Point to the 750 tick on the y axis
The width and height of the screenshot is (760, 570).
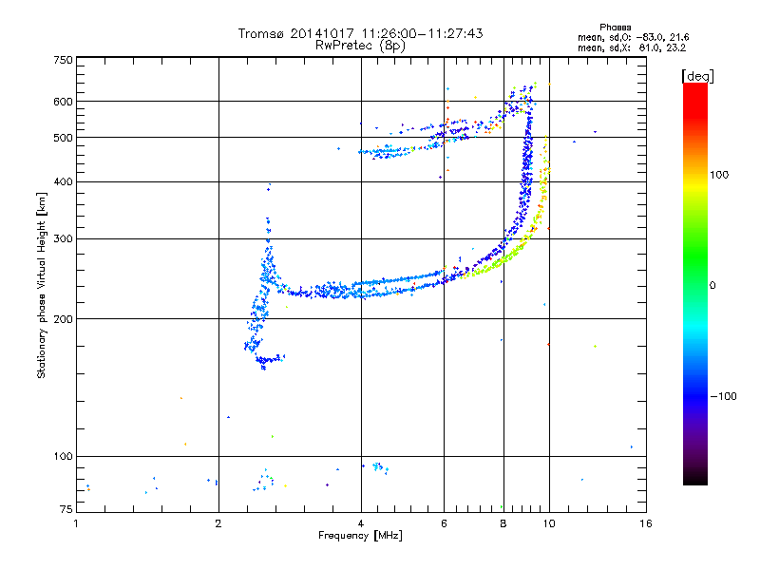coord(62,59)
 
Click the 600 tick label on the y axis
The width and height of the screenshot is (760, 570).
coord(62,101)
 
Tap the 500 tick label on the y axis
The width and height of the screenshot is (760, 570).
coord(62,137)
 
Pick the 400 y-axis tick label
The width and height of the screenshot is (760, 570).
coord(62,181)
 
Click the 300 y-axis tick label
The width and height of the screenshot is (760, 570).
coord(62,238)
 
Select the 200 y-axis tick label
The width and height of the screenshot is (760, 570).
coord(62,318)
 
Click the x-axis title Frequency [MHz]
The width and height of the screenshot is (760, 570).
coord(361,536)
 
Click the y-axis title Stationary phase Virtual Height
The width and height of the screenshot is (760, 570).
coord(42,285)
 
